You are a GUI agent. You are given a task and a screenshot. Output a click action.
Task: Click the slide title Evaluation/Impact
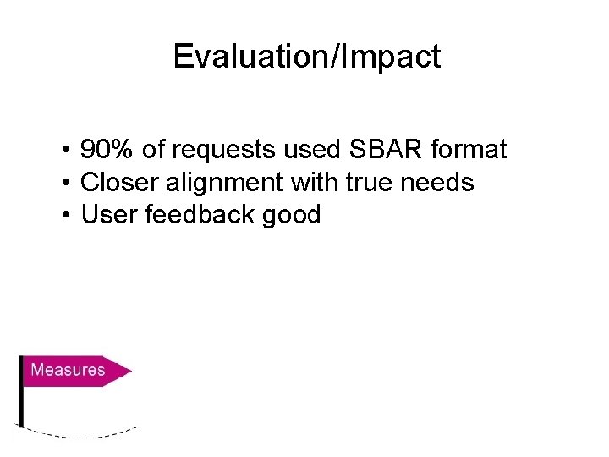[306, 57]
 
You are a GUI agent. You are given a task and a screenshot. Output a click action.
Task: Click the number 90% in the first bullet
[107, 151]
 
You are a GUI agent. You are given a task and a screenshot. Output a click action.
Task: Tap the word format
[469, 151]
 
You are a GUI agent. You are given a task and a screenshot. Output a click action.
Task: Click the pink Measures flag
[72, 370]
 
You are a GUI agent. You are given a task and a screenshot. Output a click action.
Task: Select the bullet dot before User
[65, 216]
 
